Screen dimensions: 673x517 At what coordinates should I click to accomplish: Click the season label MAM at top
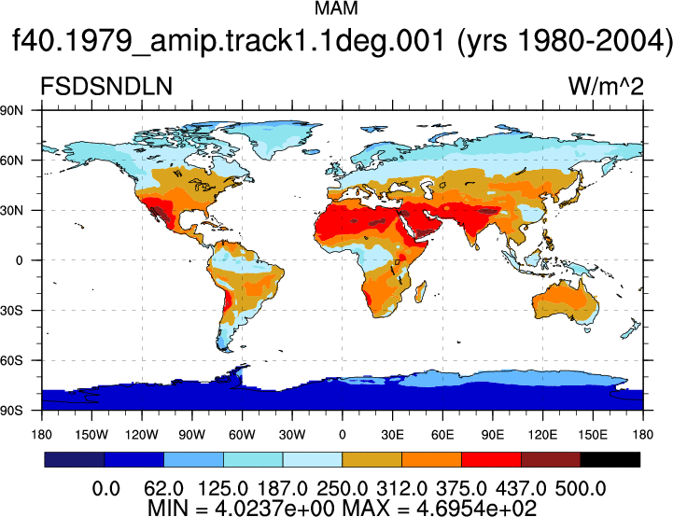[336, 8]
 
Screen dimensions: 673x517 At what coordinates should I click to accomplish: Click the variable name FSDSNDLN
[106, 86]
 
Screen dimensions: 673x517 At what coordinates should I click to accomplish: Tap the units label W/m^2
[606, 86]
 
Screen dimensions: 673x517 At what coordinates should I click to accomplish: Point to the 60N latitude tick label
[11, 161]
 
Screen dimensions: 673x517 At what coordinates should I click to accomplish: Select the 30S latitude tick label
[11, 310]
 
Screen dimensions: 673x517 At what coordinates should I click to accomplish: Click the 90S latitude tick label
[11, 411]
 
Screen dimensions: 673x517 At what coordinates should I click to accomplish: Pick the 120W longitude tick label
[142, 435]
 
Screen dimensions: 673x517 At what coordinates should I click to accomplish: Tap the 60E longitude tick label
[442, 435]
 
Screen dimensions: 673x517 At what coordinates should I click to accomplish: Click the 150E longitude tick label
[593, 435]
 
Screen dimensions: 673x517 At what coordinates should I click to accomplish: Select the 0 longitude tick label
[342, 435]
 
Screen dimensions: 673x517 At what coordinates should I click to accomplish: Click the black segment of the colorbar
[610, 459]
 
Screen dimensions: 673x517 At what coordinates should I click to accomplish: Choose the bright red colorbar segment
[491, 459]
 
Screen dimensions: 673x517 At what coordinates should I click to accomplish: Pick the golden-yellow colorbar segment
[372, 459]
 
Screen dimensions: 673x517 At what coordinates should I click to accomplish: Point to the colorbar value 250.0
[342, 489]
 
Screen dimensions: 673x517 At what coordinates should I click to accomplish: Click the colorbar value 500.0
[581, 489]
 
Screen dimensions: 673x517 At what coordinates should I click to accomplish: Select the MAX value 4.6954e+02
[476, 509]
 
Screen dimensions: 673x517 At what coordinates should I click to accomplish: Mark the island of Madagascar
[421, 291]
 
